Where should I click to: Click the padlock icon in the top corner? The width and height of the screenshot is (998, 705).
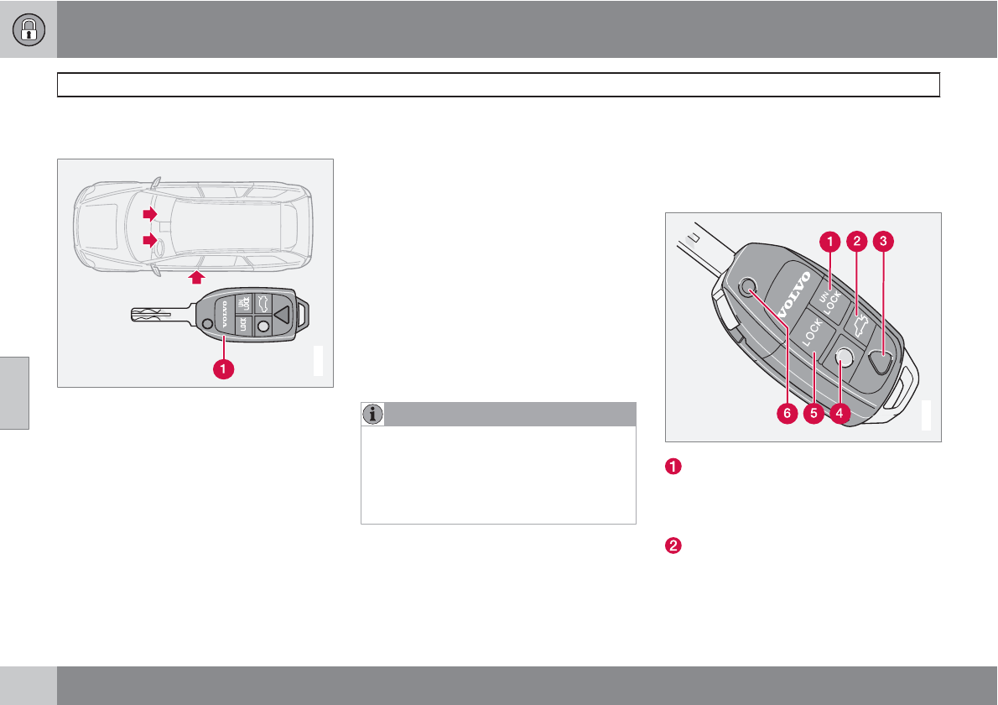click(29, 29)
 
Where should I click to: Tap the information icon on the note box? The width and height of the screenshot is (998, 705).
click(372, 414)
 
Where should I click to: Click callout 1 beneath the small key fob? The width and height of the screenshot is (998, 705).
click(223, 368)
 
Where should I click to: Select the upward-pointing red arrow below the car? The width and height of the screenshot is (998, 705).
click(197, 277)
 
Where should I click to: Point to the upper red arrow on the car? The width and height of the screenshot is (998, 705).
click(149, 214)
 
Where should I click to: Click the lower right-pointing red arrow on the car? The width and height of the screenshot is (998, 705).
click(149, 240)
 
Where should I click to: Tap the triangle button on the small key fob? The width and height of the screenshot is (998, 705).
click(281, 314)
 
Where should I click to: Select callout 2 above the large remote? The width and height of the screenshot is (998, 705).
click(857, 241)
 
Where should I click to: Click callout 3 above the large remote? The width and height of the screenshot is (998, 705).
click(883, 241)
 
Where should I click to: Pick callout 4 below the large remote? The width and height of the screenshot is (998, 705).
click(839, 413)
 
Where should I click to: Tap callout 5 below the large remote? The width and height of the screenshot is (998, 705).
click(813, 413)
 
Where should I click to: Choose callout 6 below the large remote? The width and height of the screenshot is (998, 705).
click(787, 413)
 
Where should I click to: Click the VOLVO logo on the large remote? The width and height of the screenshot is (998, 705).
click(793, 295)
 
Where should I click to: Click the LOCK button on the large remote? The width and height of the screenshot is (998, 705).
click(812, 333)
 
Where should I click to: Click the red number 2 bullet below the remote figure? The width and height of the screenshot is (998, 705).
click(673, 546)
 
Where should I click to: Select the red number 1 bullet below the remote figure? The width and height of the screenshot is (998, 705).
click(673, 466)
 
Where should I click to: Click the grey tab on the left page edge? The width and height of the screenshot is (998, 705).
click(14, 393)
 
